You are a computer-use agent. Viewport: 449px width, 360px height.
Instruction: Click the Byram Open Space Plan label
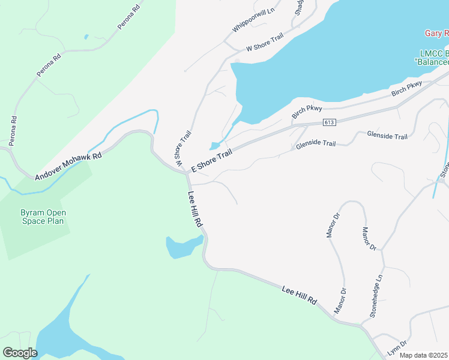(x=43, y=217)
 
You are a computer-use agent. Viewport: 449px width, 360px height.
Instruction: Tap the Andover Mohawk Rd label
(x=68, y=166)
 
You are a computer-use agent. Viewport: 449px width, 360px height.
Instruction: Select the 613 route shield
(x=328, y=122)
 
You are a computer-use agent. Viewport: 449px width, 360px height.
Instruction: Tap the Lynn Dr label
(x=396, y=346)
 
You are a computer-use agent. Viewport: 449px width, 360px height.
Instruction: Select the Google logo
(x=19, y=353)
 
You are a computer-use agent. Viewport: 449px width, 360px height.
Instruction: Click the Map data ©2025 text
(x=424, y=355)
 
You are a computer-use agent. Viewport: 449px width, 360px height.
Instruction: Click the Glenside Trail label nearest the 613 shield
(x=315, y=144)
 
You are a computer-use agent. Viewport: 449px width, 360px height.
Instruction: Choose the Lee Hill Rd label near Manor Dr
(x=299, y=295)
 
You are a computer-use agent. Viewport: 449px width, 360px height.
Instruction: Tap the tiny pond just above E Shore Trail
(x=214, y=146)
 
